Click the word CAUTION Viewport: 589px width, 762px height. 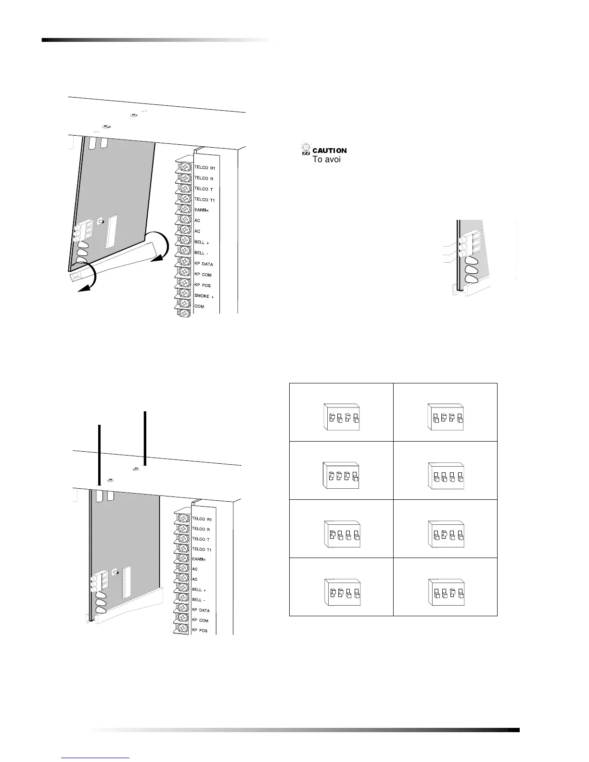tap(330, 151)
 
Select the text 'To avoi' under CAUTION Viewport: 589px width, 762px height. tap(327, 159)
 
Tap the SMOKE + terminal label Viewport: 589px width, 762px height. tap(204, 296)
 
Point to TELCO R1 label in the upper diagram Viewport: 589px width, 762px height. tap(205, 168)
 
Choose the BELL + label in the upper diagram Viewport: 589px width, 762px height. tap(201, 242)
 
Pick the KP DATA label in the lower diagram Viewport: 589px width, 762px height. tap(201, 610)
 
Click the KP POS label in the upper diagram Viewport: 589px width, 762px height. tap(203, 286)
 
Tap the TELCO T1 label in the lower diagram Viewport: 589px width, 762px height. tap(202, 549)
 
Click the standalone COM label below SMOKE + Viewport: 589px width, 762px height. tap(199, 306)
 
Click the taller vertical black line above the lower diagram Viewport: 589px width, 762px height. tap(145, 438)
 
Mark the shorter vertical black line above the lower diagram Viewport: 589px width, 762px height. tap(99, 455)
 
